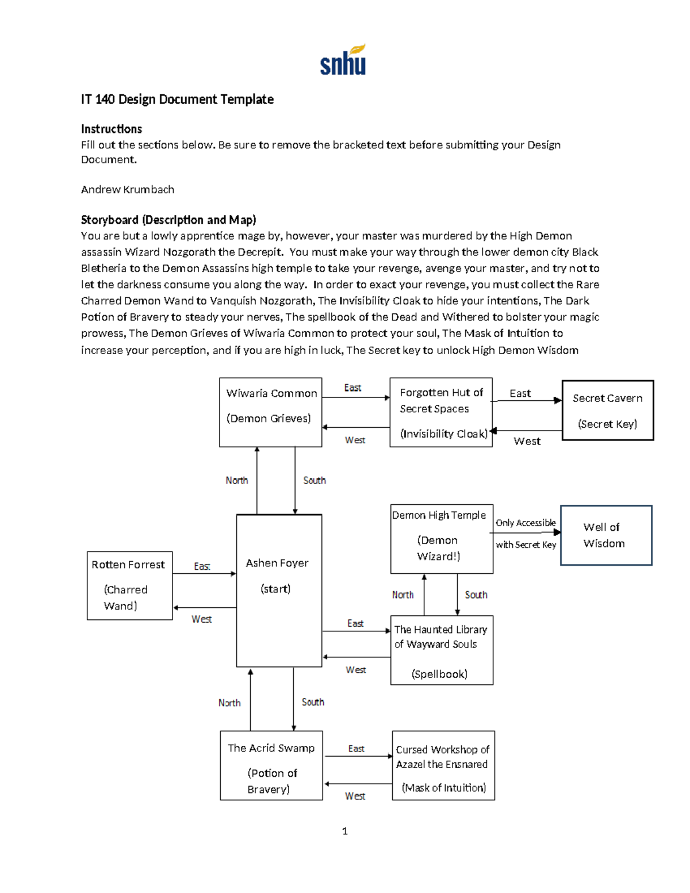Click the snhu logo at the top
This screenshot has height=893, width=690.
343,60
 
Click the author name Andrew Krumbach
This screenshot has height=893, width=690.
127,190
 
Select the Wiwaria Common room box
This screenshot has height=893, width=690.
270,412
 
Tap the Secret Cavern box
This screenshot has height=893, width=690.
607,411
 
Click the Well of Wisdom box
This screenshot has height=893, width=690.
605,535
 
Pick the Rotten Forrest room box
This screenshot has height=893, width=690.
129,585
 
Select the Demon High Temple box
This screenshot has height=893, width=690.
441,539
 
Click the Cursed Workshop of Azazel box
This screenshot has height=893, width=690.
443,765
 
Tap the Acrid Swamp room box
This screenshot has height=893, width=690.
271,765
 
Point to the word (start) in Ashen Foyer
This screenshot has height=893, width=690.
275,589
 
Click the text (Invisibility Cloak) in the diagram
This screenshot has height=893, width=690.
443,434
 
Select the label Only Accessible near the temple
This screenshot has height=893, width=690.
526,523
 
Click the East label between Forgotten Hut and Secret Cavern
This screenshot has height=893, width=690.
520,393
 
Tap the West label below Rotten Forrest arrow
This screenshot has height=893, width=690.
201,619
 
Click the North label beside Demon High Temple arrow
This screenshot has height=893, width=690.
402,595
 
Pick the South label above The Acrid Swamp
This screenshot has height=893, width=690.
313,702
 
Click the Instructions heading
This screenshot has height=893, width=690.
111,129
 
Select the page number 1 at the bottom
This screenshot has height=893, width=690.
344,831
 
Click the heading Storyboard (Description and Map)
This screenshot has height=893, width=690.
168,220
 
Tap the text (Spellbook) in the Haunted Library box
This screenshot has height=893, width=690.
439,674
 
